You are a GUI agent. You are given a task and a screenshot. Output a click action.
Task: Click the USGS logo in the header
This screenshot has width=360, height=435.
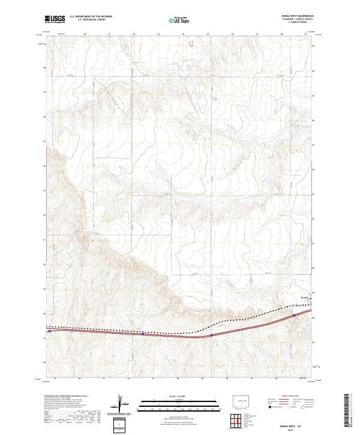coord(55,20)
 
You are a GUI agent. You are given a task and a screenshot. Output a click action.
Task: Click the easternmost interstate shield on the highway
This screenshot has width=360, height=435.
coord(294,314)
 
